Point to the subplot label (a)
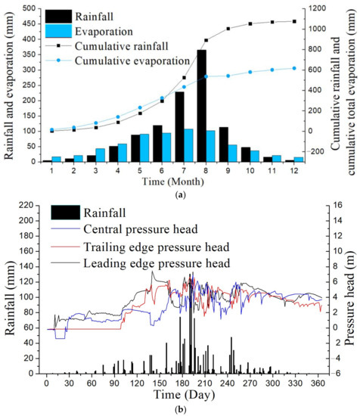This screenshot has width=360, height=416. (x=179, y=195)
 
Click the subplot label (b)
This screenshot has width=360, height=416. (x=179, y=409)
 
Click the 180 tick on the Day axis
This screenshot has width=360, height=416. (x=136, y=383)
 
